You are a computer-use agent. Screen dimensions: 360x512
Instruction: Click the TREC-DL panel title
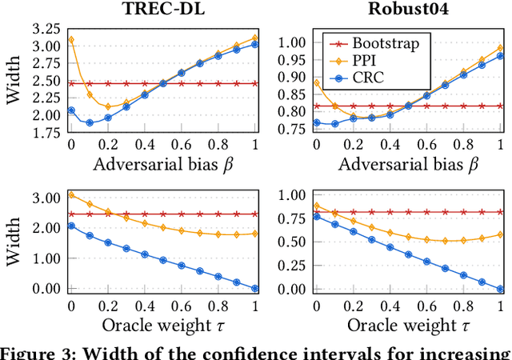click(x=162, y=10)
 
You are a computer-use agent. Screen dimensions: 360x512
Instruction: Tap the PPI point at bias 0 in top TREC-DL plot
click(x=70, y=39)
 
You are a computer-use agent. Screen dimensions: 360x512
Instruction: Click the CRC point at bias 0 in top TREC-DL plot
click(x=70, y=110)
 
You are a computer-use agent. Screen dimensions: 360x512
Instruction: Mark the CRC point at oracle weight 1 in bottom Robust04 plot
click(x=501, y=289)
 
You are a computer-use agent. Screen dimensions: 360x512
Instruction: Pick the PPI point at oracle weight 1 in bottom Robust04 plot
click(x=501, y=234)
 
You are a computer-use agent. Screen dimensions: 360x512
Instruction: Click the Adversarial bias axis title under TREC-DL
click(x=162, y=166)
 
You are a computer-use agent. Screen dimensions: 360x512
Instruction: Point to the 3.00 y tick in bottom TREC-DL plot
click(x=46, y=198)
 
